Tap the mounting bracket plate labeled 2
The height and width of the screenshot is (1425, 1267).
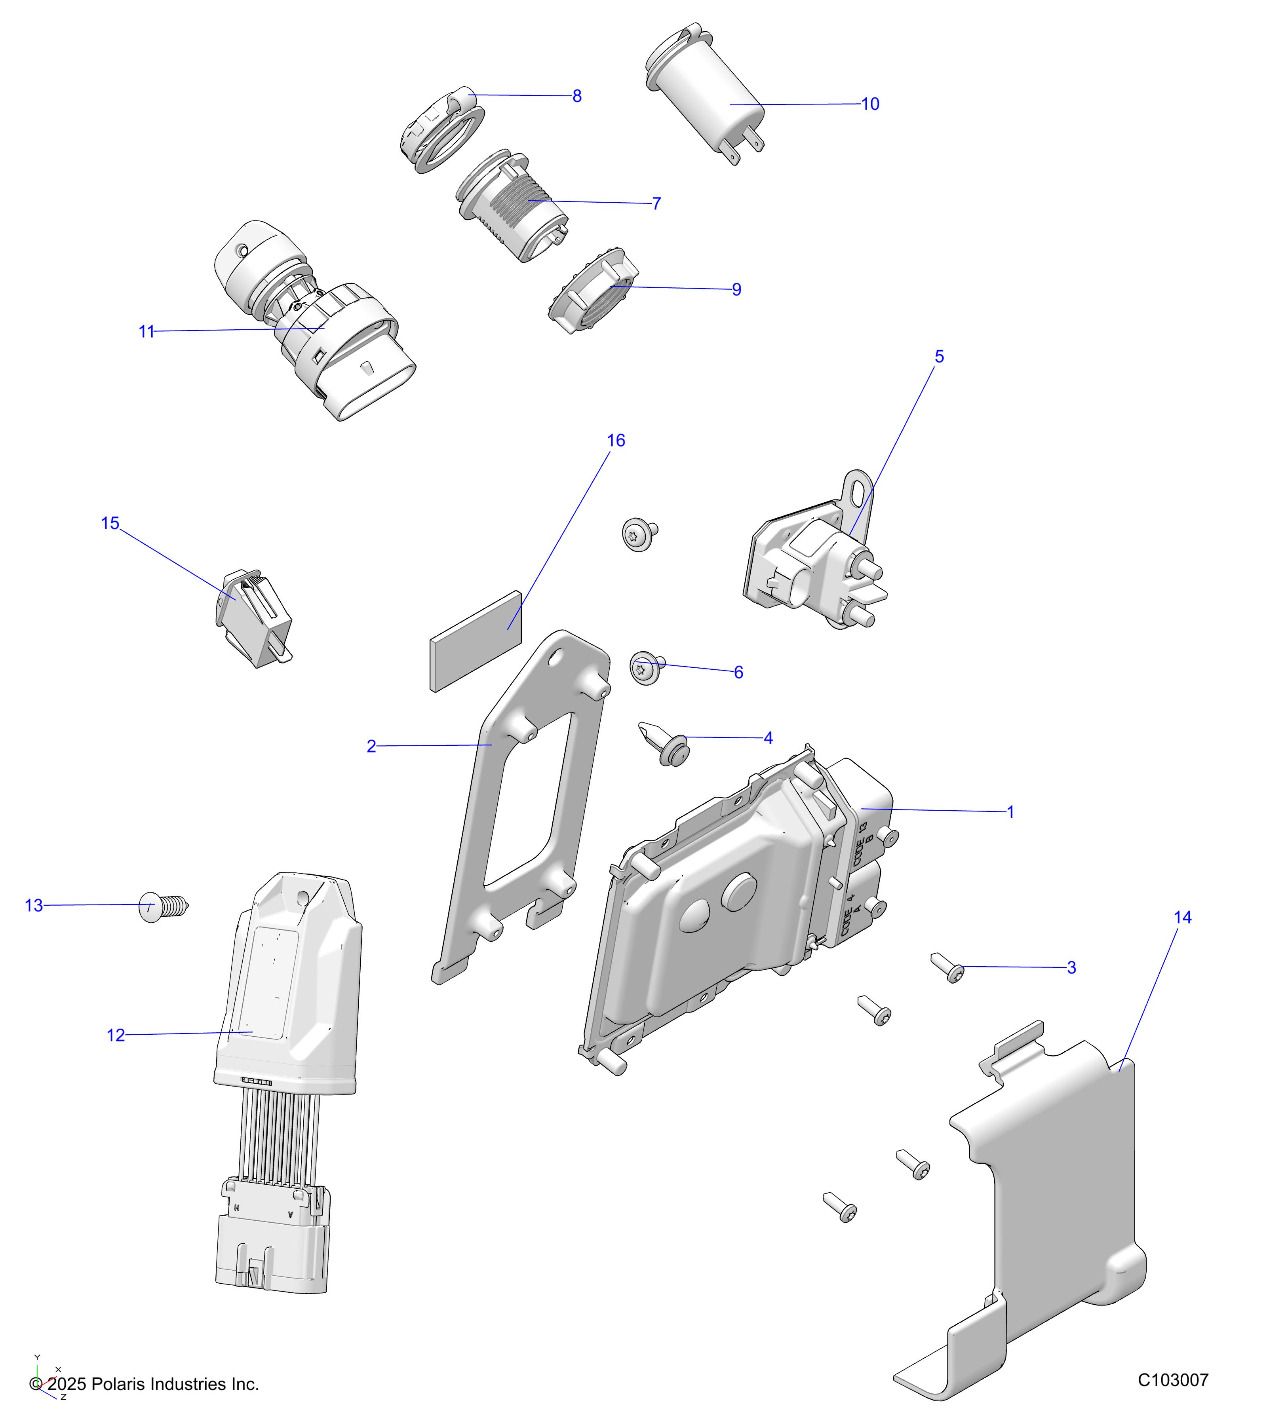point(519,802)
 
